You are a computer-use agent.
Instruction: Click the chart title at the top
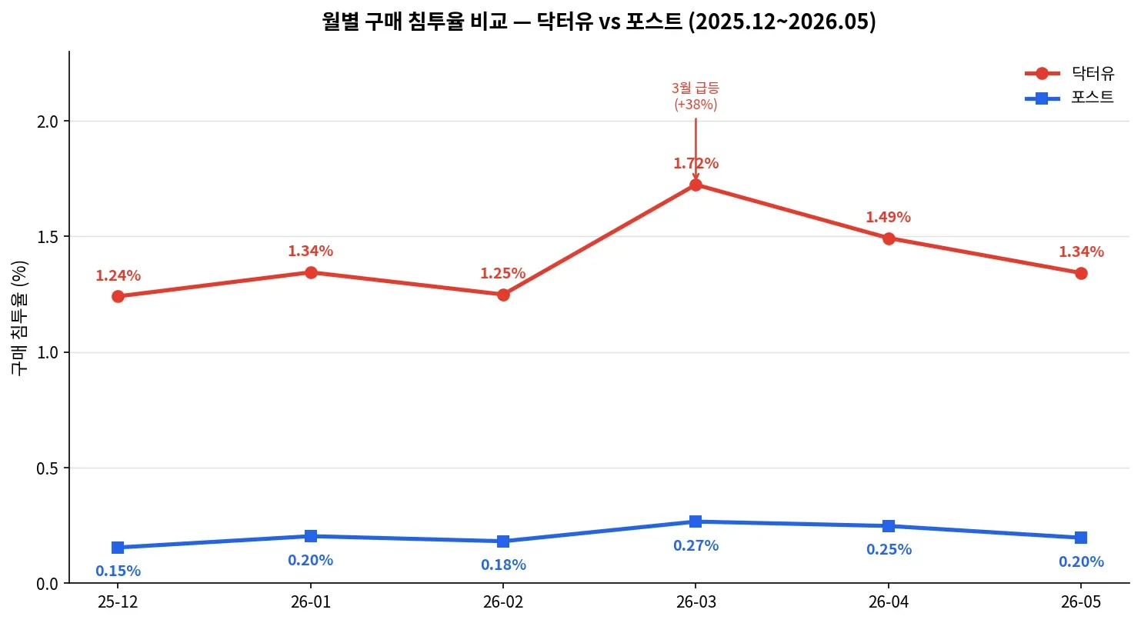click(599, 22)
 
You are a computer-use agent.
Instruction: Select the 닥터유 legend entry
click(1069, 73)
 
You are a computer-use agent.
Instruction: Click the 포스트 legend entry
click(1069, 98)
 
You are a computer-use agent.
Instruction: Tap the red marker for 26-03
click(696, 185)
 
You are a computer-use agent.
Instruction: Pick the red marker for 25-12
click(118, 296)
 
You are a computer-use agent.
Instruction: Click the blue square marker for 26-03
click(696, 521)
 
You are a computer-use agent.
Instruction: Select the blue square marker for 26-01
click(311, 536)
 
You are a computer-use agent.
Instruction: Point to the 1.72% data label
click(696, 163)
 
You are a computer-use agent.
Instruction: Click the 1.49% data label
click(889, 217)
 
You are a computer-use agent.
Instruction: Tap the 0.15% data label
click(118, 571)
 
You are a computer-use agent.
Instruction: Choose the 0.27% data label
click(696, 545)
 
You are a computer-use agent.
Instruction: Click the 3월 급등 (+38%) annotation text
click(696, 96)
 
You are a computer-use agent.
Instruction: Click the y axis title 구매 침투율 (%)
click(19, 318)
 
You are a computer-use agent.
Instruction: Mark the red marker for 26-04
click(889, 238)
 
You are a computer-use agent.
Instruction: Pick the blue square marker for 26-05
click(1081, 538)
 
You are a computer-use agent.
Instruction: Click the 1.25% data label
click(502, 274)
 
